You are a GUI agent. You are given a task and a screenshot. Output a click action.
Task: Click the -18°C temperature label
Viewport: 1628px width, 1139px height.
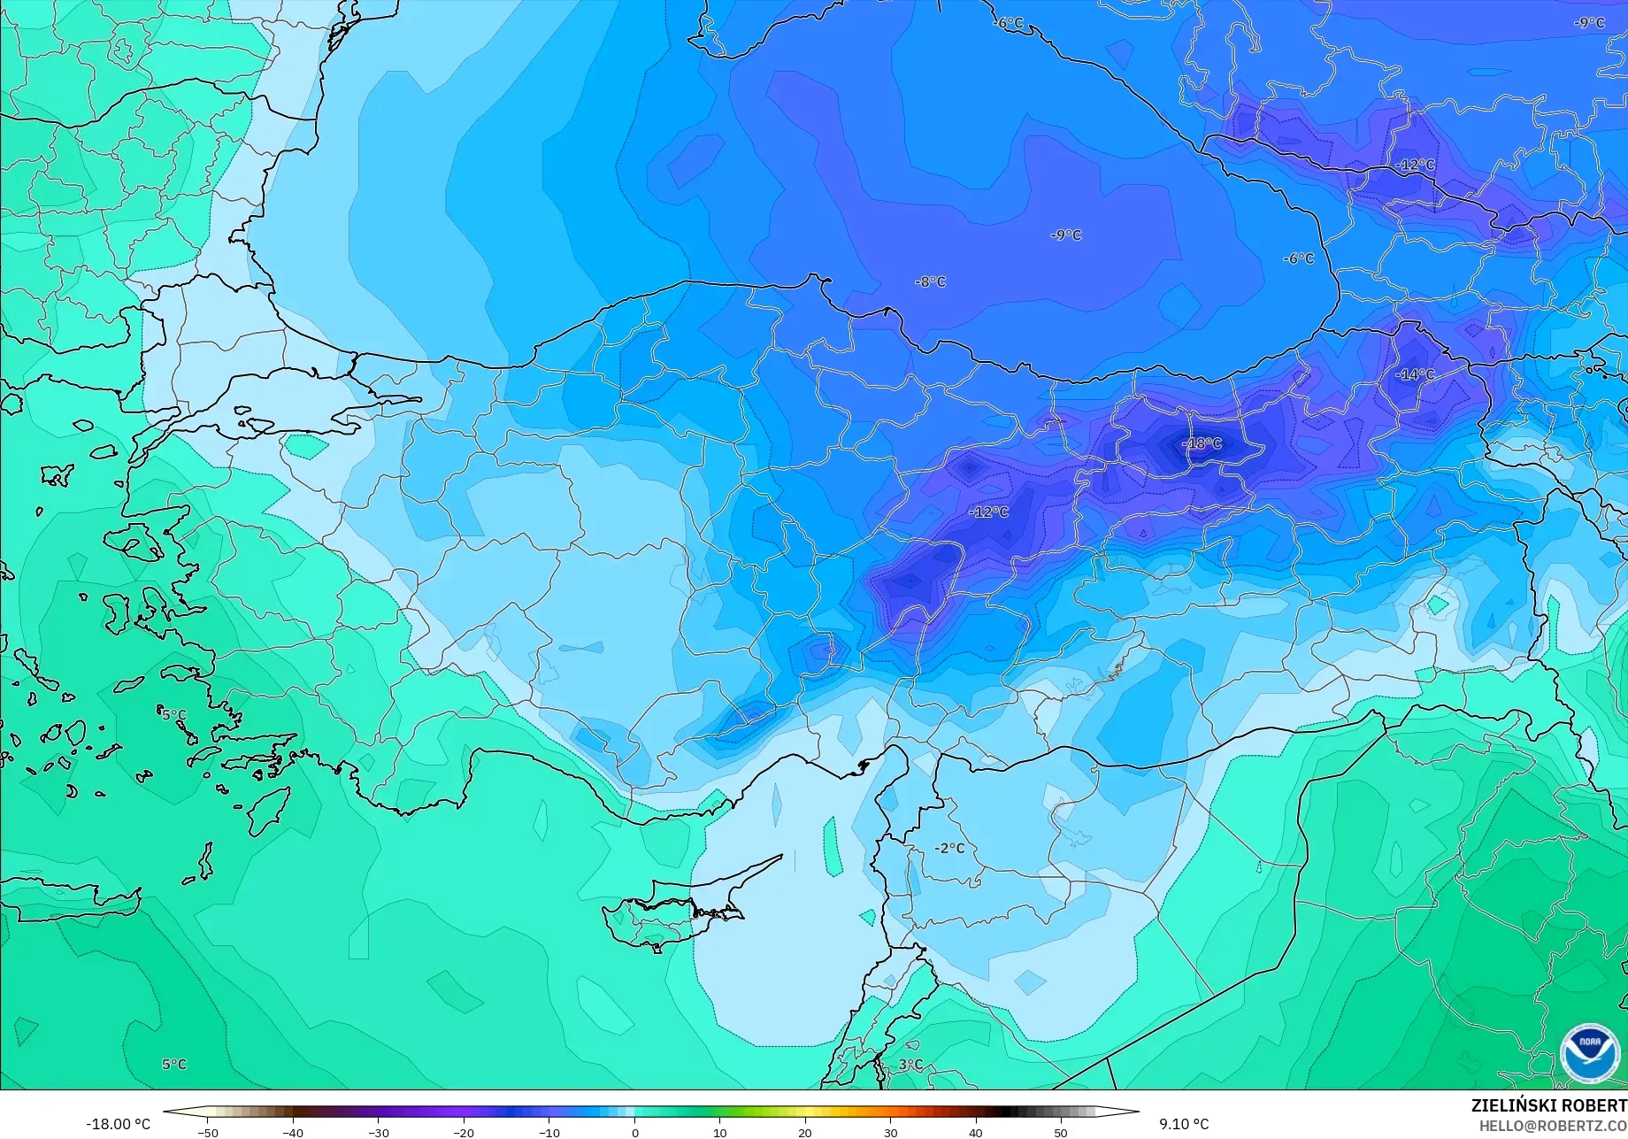point(1202,443)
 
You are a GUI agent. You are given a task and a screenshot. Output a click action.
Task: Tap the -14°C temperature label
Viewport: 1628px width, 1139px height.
point(1415,374)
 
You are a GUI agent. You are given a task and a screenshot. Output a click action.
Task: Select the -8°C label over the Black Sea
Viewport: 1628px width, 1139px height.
point(930,281)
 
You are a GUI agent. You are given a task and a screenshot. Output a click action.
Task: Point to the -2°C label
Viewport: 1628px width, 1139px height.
point(949,848)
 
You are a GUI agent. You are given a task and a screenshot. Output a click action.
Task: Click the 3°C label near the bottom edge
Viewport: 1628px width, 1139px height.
point(910,1065)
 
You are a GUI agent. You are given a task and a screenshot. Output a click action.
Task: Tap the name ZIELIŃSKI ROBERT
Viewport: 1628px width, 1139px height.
point(1548,1105)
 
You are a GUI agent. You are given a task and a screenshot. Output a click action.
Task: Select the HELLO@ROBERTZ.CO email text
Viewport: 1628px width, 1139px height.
point(1553,1126)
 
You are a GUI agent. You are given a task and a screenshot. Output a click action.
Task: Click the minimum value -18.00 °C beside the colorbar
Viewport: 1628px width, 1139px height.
point(119,1124)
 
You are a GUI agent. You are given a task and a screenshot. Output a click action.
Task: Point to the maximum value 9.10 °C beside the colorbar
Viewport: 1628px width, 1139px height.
point(1184,1124)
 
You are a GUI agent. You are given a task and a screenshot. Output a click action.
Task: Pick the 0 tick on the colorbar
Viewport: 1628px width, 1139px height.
point(634,1132)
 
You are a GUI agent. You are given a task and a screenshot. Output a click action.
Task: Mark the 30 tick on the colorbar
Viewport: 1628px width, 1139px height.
point(890,1132)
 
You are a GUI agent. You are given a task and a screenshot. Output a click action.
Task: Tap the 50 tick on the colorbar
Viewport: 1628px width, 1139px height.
point(1061,1132)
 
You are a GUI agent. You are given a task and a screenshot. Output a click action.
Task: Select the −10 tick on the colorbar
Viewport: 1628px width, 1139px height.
point(549,1132)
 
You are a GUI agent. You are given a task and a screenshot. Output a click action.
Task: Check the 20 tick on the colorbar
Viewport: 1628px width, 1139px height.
point(805,1132)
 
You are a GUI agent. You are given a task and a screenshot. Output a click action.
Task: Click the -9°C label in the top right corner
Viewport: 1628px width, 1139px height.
point(1589,23)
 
